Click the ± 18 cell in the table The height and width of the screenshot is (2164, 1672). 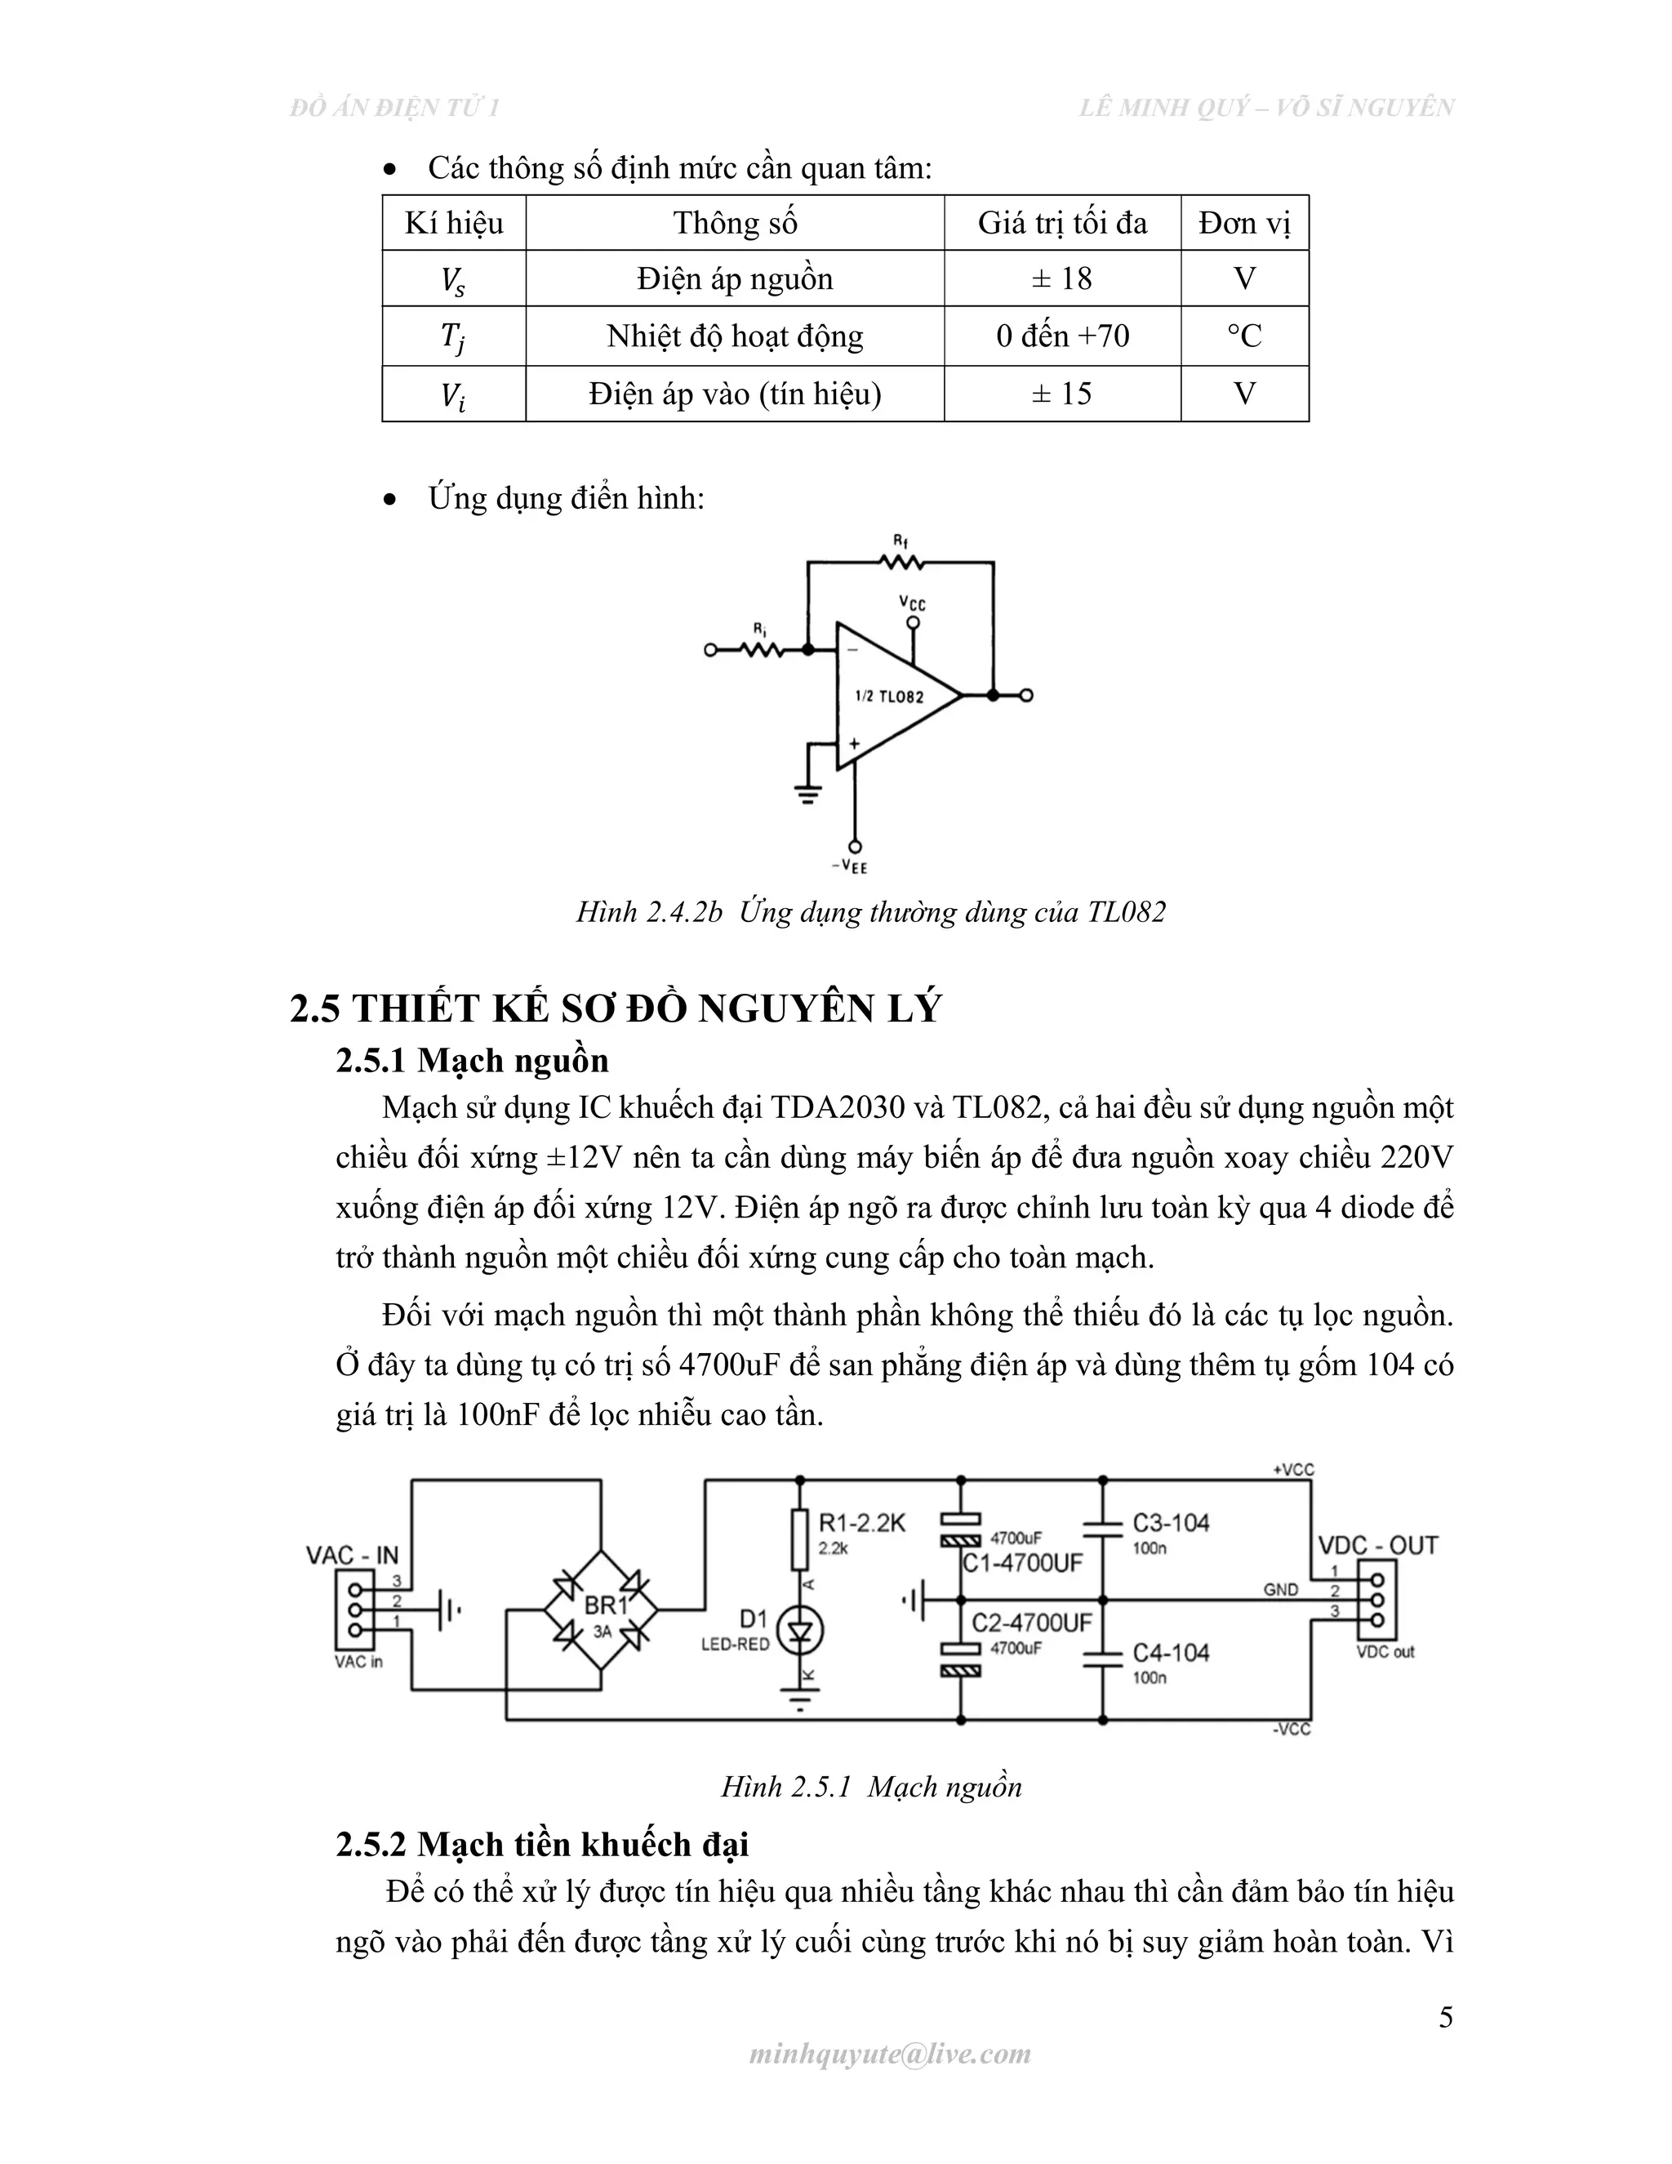[x=1062, y=278]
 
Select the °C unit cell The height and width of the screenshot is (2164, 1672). [x=1244, y=336]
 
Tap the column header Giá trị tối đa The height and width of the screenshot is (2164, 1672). [x=1062, y=223]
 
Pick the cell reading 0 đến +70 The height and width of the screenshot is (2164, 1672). [x=1062, y=336]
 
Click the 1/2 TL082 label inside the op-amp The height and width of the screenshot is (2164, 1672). [x=888, y=697]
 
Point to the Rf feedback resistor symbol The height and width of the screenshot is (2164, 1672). [x=900, y=562]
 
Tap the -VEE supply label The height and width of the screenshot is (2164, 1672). [x=850, y=867]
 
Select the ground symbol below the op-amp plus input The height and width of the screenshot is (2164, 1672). [x=808, y=793]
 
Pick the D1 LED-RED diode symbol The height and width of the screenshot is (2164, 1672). [x=799, y=1630]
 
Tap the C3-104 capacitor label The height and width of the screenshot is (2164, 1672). [x=1171, y=1523]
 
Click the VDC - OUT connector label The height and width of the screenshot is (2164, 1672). [x=1376, y=1546]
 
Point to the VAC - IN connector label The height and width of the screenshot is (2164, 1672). [x=352, y=1555]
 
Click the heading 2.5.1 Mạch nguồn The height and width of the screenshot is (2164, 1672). [x=472, y=1060]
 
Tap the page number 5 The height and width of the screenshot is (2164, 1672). [x=1445, y=2019]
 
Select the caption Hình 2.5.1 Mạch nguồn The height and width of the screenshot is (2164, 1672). [x=870, y=1788]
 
